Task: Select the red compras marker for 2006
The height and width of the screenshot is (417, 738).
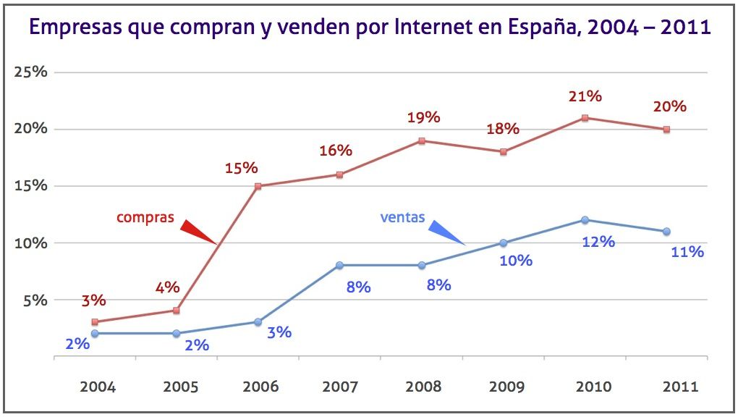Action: (258, 186)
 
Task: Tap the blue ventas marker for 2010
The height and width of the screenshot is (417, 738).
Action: (585, 220)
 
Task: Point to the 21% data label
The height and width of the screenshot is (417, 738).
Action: (585, 96)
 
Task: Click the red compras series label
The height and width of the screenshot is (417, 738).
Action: (145, 216)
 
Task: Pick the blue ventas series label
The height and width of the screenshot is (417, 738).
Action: (402, 216)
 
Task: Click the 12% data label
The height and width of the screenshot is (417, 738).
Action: (598, 242)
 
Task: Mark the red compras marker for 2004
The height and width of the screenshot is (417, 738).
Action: (95, 322)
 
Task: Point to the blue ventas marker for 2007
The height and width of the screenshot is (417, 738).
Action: (340, 266)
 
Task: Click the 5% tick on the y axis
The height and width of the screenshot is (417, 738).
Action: (33, 300)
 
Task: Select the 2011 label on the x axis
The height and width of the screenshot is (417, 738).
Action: (679, 386)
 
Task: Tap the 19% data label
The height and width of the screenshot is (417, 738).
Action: (423, 117)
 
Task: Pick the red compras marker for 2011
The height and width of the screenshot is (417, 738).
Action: (666, 130)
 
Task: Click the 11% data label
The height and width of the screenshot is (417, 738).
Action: (687, 252)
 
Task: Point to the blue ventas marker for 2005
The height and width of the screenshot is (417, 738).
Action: (177, 333)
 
